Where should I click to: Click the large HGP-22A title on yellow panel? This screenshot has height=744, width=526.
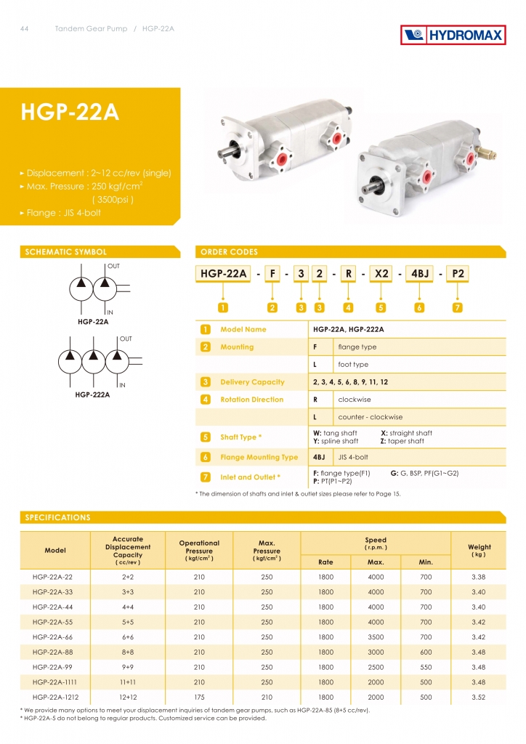click(x=70, y=113)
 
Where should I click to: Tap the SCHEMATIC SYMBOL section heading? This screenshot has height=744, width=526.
click(x=66, y=252)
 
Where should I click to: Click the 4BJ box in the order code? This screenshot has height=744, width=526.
click(x=420, y=274)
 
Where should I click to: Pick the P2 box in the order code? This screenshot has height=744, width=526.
click(x=458, y=274)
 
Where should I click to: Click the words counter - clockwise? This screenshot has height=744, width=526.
click(x=370, y=417)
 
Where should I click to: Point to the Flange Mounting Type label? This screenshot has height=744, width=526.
click(x=259, y=457)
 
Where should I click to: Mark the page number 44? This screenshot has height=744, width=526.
click(x=25, y=29)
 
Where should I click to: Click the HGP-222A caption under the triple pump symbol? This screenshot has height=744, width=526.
click(x=92, y=395)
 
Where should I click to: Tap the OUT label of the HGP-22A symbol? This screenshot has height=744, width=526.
click(x=113, y=266)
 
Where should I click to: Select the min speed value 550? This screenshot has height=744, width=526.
click(x=425, y=666)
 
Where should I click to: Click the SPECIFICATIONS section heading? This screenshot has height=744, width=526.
click(x=58, y=518)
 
